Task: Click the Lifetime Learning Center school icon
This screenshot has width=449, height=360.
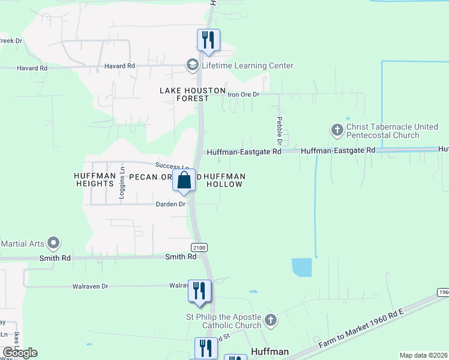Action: click(193, 65)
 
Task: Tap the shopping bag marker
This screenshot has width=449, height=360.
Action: click(184, 179)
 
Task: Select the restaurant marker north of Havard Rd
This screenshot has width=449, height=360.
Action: click(208, 40)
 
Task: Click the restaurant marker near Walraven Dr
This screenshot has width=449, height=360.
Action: click(199, 291)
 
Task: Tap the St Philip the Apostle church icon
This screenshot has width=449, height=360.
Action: click(270, 320)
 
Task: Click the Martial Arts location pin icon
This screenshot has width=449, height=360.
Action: click(54, 243)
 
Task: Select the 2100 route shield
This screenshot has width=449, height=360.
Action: click(199, 248)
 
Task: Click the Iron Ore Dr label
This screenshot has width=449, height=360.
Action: click(243, 94)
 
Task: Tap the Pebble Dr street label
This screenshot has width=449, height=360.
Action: click(280, 128)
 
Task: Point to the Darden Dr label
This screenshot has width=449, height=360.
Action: click(171, 204)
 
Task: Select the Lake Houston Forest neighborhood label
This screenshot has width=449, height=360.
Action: click(192, 94)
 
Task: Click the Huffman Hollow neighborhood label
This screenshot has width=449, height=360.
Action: click(225, 180)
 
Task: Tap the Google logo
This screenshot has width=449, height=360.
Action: click(20, 353)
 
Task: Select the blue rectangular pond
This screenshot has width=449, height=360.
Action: click(301, 267)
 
